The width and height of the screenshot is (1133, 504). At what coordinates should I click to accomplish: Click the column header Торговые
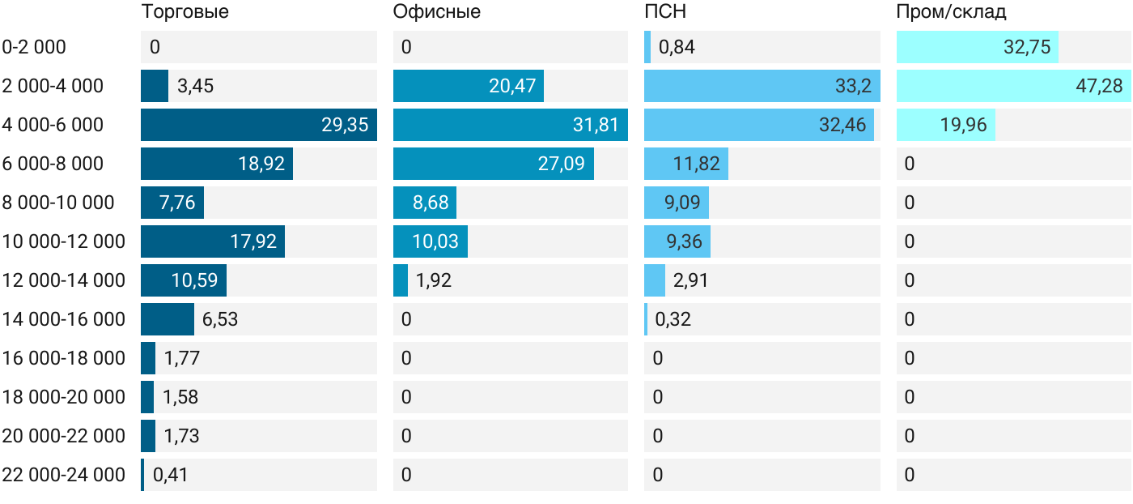pos(185,11)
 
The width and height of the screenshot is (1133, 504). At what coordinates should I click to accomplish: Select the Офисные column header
pos(436,11)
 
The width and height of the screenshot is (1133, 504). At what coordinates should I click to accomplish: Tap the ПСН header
pos(665,11)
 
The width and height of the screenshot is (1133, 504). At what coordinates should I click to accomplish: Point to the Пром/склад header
pos(951,11)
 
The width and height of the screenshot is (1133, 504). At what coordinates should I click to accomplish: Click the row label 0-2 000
pos(34,47)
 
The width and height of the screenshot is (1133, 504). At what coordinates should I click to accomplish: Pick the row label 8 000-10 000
pos(58,203)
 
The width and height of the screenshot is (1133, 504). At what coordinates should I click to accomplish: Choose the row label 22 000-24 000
pos(63,475)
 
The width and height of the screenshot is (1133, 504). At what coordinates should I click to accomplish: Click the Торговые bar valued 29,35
pos(259,125)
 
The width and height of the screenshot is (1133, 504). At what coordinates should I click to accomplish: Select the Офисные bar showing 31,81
pos(511,125)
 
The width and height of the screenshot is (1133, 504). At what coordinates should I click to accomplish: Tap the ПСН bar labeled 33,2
pos(762,86)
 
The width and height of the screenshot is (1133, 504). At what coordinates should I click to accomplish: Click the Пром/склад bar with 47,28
pos(1013,86)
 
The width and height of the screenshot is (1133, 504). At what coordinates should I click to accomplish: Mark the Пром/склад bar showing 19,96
pos(946,125)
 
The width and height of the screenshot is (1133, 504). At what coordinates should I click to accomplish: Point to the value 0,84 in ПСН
pos(677,47)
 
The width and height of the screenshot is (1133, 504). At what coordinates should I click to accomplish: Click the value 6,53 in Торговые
pos(220,319)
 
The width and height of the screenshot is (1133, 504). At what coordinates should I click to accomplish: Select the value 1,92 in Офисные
pos(434,280)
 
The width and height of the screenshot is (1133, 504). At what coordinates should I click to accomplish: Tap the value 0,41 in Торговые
pos(171,475)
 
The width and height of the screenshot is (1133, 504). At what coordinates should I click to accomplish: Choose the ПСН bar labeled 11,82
pos(686,164)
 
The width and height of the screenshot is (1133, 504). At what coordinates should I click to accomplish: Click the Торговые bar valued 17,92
pos(213,241)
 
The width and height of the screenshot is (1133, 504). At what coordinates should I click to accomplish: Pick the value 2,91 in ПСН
pos(690,280)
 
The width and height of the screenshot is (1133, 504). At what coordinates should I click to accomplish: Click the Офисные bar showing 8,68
pos(425,203)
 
